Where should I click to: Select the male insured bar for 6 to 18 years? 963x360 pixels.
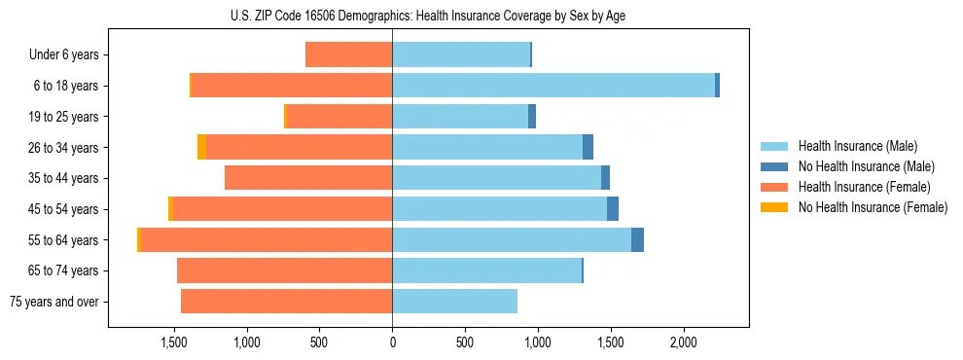click(553, 86)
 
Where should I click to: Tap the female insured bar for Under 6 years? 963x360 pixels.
click(348, 54)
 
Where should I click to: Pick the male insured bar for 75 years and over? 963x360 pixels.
click(454, 302)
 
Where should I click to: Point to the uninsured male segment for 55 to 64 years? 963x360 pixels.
click(637, 240)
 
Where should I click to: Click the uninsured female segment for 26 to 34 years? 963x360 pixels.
click(201, 147)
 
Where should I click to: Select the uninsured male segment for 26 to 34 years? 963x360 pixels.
click(588, 147)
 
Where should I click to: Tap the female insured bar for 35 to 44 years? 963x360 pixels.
click(308, 178)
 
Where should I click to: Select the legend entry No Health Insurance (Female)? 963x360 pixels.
click(873, 207)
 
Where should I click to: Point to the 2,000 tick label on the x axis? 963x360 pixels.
click(683, 343)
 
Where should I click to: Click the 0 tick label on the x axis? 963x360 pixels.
click(392, 343)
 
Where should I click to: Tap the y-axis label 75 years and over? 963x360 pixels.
click(54, 302)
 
